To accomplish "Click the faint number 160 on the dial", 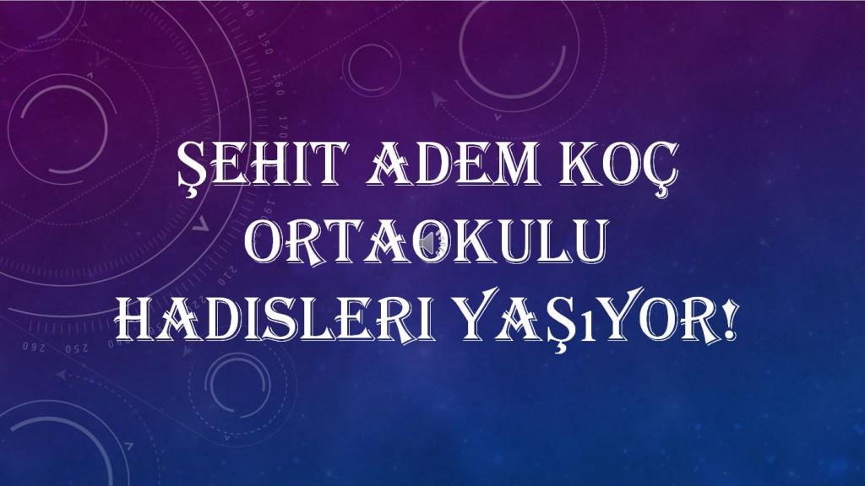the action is point(277,85).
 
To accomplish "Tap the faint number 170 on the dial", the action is point(282,127).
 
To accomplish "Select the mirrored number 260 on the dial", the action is point(33,348).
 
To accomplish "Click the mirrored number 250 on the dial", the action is point(77,348).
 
